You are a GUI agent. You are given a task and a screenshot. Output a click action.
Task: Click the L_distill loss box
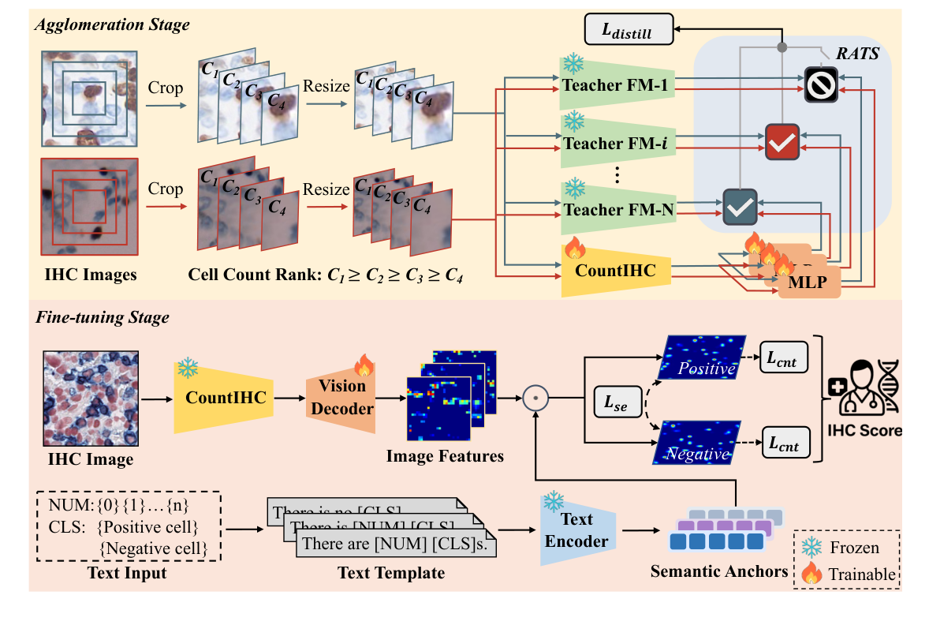pyautogui.click(x=629, y=32)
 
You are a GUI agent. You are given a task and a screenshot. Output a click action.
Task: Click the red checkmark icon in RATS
pyautogui.click(x=781, y=141)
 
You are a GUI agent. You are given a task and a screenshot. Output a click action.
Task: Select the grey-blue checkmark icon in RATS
pyautogui.click(x=739, y=208)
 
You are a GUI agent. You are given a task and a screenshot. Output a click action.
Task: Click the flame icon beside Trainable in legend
pyautogui.click(x=811, y=574)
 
